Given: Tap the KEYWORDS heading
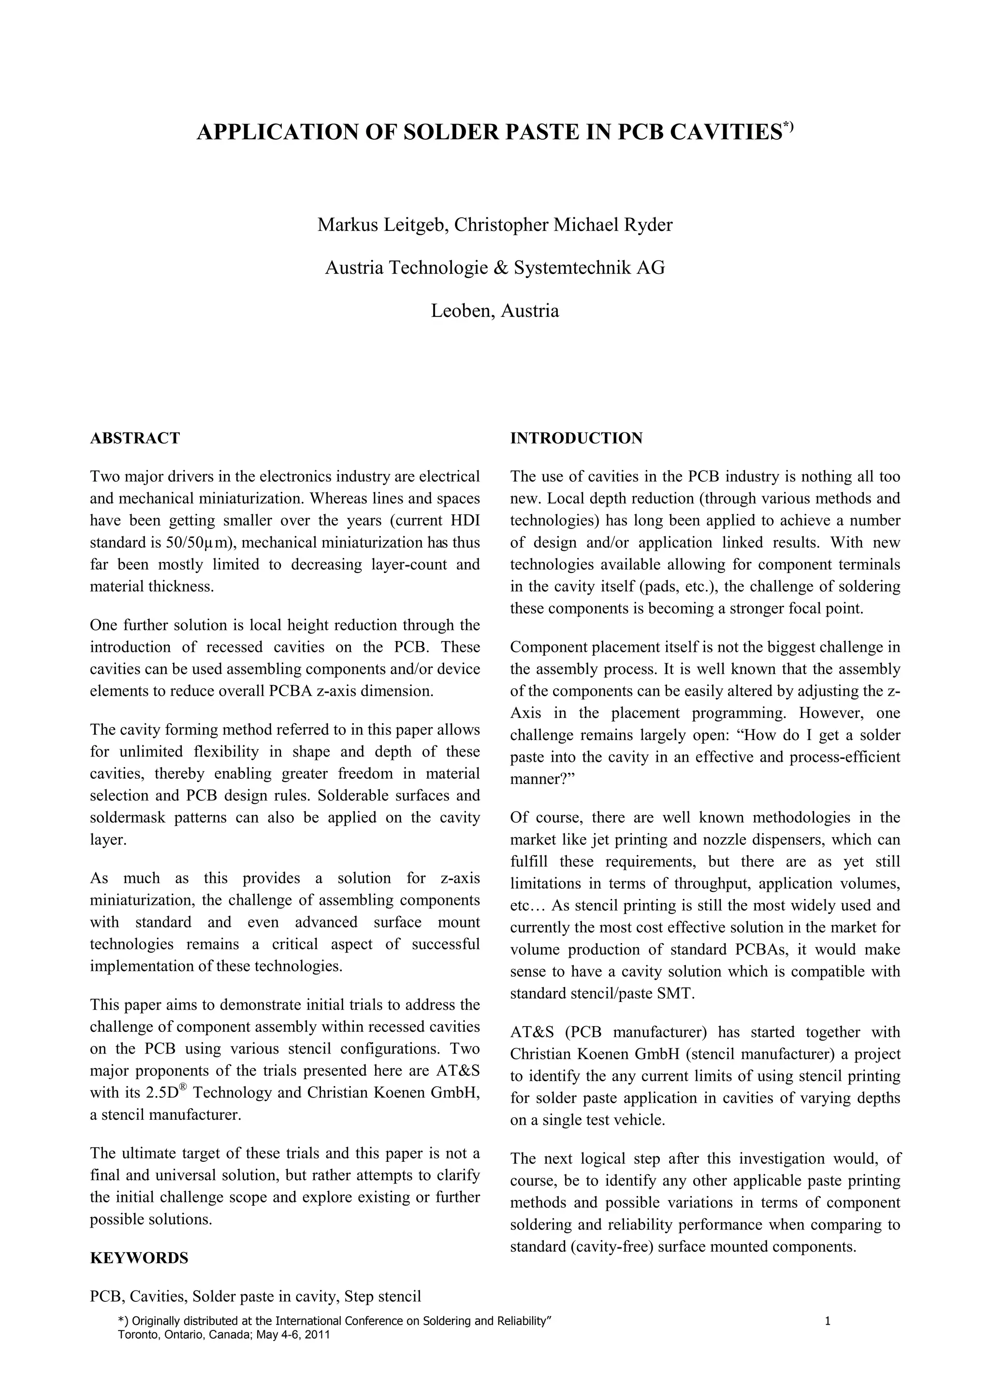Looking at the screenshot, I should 139,1257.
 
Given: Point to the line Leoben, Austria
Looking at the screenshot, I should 495,311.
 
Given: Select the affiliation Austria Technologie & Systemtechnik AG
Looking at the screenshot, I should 495,268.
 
